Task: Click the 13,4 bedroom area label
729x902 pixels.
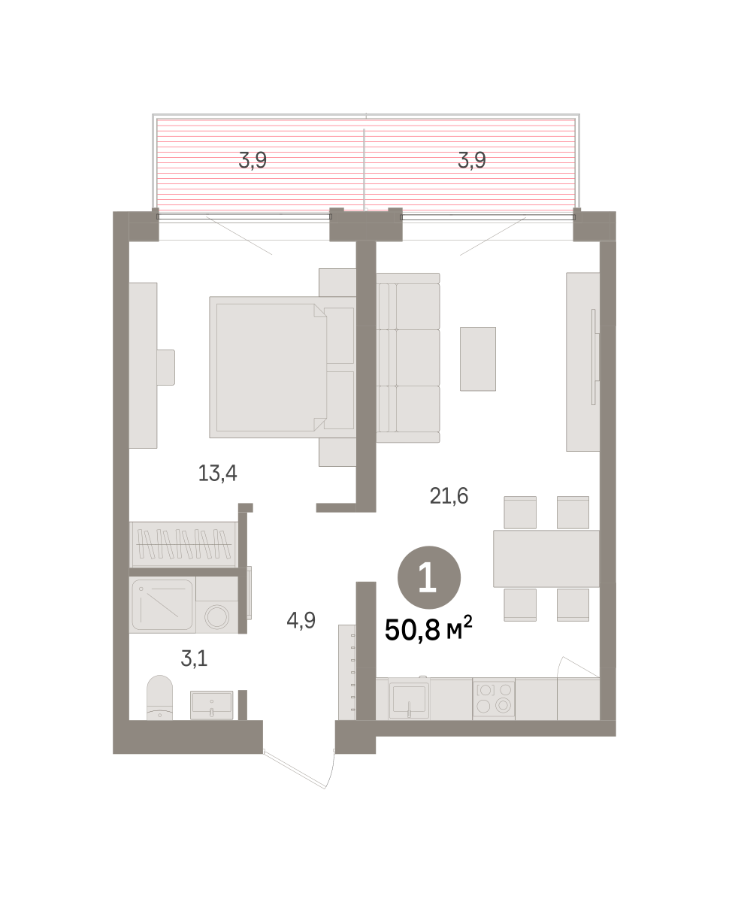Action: (217, 473)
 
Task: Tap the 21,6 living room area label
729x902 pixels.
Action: (449, 496)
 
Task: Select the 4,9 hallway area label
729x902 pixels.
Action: (301, 621)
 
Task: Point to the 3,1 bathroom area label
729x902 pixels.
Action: (194, 658)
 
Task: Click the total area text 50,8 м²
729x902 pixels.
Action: (428, 629)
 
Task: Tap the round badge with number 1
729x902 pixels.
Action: (429, 577)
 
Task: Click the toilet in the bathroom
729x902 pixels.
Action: (159, 698)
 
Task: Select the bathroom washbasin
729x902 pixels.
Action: (212, 705)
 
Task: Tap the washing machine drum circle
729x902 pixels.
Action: (217, 616)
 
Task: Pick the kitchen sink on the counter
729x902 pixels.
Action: (409, 700)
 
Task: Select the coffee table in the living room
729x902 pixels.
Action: (478, 359)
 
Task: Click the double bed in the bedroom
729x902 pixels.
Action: (283, 367)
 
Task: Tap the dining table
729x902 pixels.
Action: (546, 558)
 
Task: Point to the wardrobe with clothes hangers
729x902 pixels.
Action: (183, 544)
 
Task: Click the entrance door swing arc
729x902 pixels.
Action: (330, 770)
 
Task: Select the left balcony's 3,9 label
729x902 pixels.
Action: (253, 161)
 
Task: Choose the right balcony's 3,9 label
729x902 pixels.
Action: (472, 161)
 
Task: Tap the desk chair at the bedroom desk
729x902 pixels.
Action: (165, 368)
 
